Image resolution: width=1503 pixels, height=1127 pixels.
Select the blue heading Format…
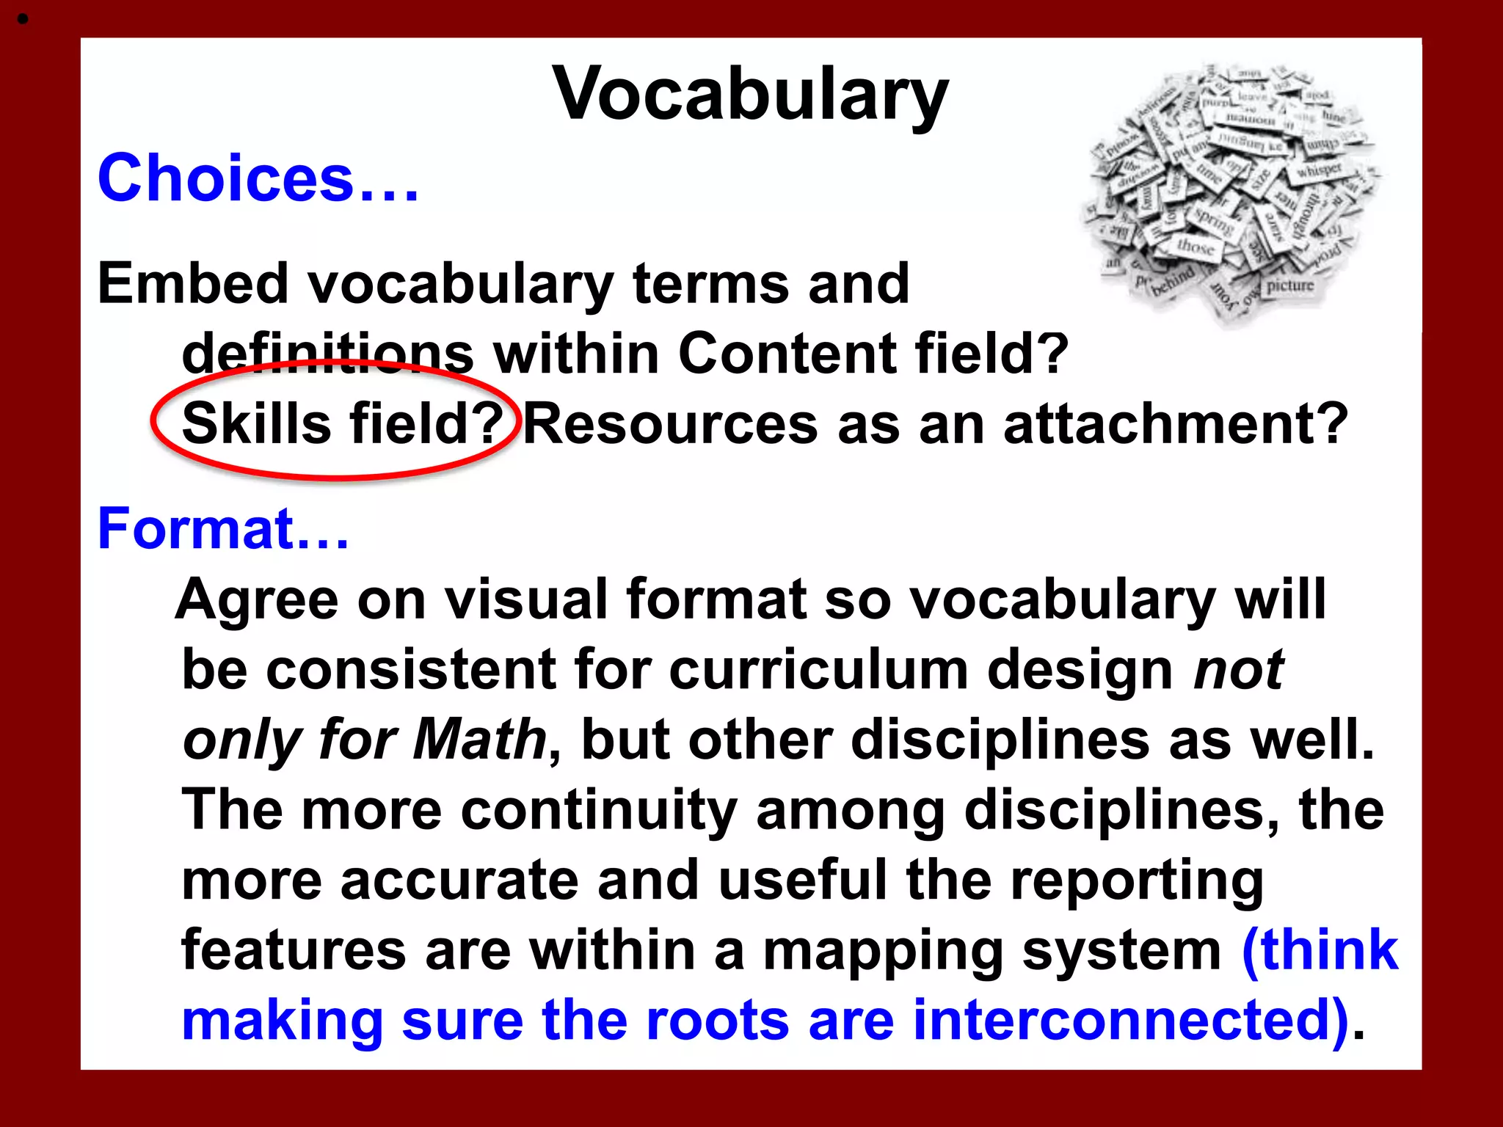click(223, 528)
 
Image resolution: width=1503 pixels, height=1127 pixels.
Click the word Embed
click(192, 283)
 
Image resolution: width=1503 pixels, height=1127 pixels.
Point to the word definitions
click(327, 354)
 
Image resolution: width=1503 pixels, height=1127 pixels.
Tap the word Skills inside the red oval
click(256, 424)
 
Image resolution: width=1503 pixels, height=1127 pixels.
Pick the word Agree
click(256, 599)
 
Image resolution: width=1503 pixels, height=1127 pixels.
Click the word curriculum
click(818, 669)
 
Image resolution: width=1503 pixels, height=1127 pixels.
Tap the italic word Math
click(479, 740)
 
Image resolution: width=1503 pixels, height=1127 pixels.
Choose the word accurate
click(459, 880)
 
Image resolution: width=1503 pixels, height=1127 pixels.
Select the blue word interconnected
click(1130, 1020)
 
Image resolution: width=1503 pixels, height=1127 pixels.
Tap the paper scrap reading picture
click(1289, 285)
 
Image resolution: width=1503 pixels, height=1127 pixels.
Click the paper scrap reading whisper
click(1319, 170)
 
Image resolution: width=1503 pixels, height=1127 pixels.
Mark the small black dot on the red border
click(23, 20)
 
